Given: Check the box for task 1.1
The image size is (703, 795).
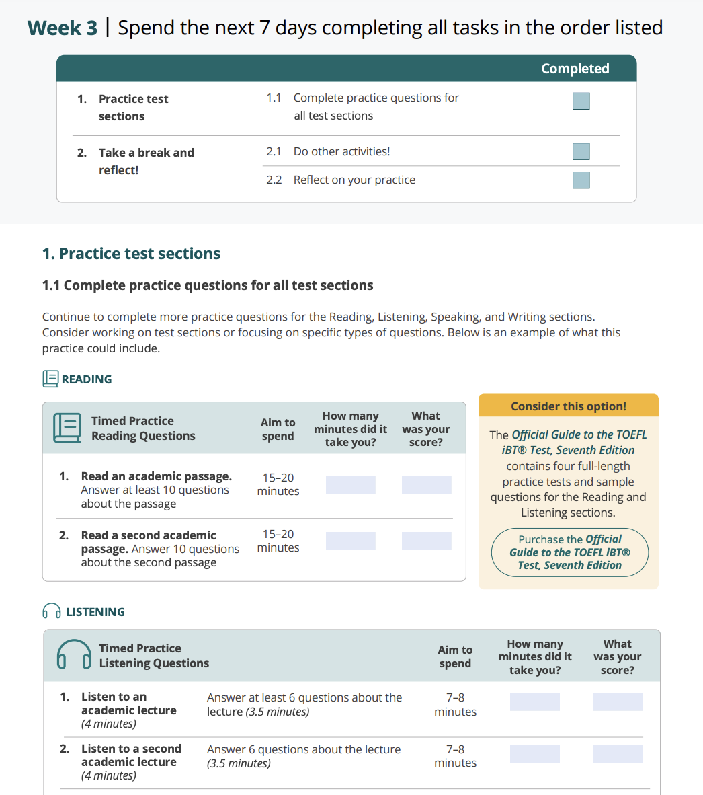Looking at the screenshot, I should pos(581,101).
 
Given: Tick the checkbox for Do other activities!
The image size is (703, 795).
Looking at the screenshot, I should pos(581,151).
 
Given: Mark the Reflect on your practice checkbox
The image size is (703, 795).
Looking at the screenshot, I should pos(581,180).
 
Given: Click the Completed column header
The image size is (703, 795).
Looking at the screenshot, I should pos(575,69).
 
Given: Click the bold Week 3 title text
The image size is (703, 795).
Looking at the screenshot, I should pos(63,28).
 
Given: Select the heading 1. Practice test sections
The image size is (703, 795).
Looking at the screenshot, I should pos(131,254).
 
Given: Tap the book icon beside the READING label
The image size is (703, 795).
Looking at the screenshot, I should pos(50,379).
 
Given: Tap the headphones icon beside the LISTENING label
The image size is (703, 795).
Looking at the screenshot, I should pos(51,611).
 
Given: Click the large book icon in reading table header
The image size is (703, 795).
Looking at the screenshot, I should pos(67,428).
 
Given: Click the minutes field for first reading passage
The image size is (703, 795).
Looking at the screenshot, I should pos(350,485).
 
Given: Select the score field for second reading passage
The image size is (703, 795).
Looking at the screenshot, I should pos(426,541).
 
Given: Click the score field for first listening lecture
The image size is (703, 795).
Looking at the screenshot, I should pos(618,702).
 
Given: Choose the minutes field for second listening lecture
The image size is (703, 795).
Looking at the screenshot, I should pos(534,754).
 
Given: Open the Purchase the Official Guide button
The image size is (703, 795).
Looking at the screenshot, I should pos(569,552).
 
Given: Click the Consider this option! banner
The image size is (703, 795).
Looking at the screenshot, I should pos(568,406).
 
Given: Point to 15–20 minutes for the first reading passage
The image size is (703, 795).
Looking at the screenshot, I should pos(278,484).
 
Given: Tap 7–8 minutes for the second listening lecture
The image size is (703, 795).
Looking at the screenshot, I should pos(455,756).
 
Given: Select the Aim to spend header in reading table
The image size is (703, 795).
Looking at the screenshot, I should pos(278,429).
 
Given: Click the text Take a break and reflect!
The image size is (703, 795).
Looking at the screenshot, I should pos(146,161).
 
